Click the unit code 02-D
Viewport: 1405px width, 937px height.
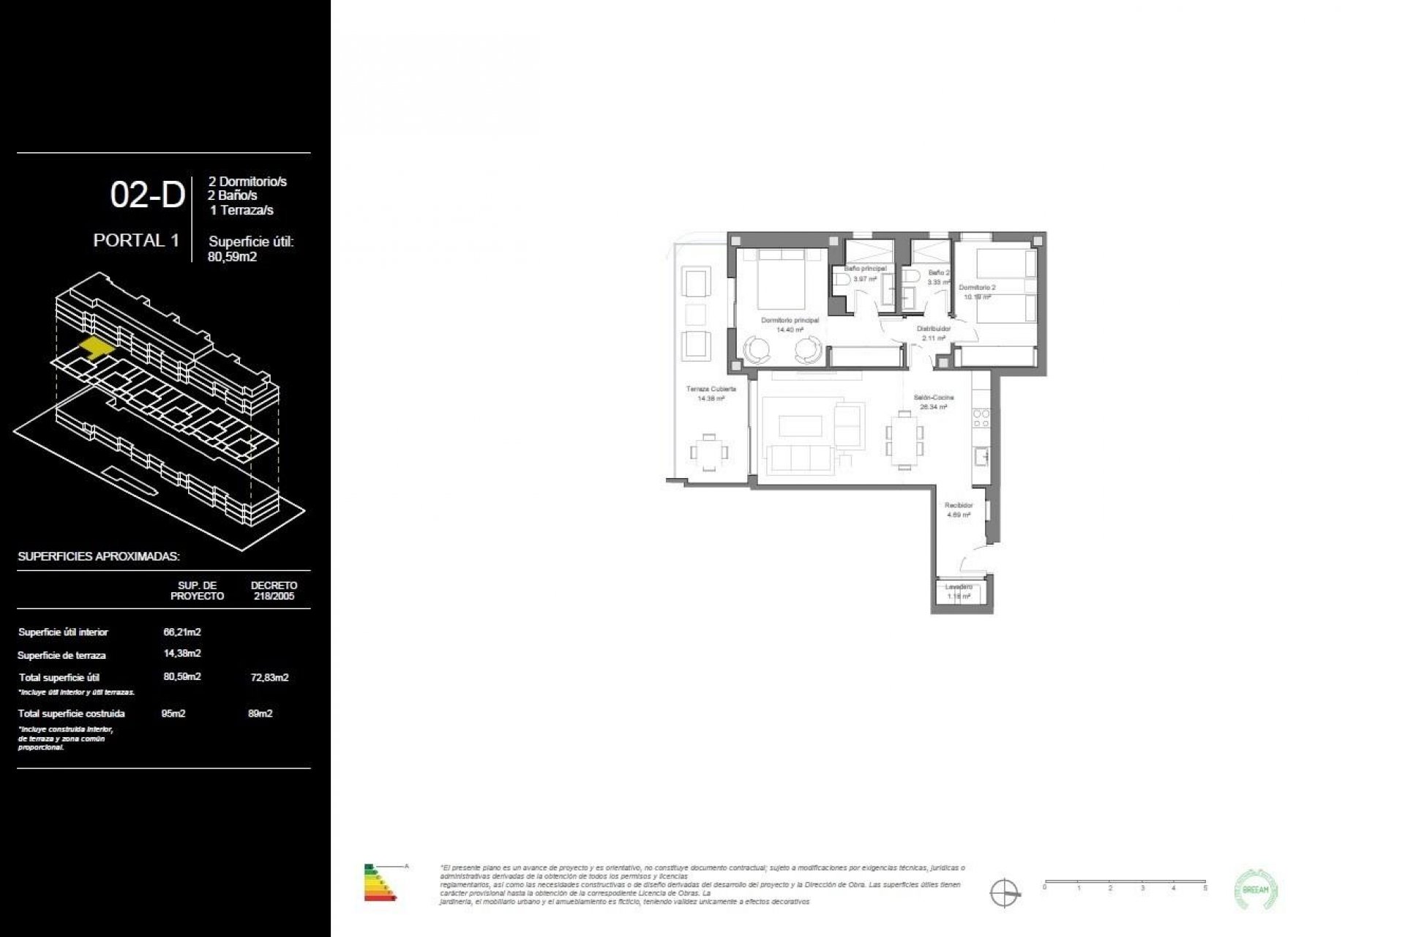click(147, 195)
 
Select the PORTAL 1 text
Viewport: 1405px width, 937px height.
click(136, 240)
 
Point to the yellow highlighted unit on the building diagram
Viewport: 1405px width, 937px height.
click(96, 346)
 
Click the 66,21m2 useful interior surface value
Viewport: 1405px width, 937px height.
click(182, 631)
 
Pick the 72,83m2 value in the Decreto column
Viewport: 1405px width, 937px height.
click(269, 677)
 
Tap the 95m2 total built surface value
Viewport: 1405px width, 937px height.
click(173, 713)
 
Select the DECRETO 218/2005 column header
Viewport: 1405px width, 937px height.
click(274, 590)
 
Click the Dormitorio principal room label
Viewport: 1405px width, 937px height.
click(790, 321)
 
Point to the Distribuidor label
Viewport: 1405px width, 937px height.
click(933, 329)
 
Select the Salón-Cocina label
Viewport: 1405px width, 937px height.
click(933, 397)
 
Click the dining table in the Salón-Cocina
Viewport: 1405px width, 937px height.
click(905, 439)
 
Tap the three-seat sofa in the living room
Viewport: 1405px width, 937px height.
click(801, 459)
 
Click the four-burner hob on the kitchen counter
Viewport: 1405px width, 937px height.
click(981, 419)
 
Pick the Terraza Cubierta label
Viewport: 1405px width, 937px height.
click(711, 389)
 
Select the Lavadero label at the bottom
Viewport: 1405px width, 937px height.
click(958, 587)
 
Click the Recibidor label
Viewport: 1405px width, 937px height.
click(958, 506)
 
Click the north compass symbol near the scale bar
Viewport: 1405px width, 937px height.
click(1005, 892)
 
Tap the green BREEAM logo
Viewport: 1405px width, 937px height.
click(1256, 889)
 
